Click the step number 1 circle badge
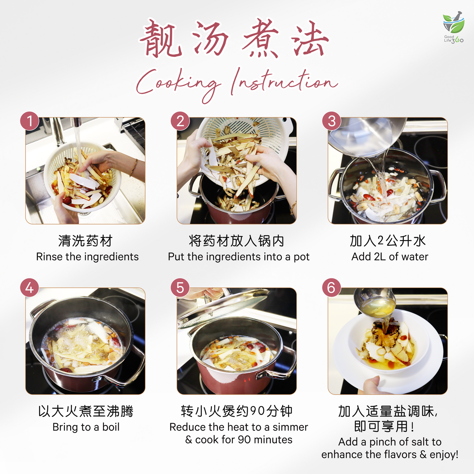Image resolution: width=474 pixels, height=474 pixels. click(30, 121)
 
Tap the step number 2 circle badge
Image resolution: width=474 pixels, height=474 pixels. click(180, 121)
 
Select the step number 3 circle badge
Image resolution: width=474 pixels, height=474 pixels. click(332, 121)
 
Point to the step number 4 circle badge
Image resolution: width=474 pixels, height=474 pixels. click(30, 288)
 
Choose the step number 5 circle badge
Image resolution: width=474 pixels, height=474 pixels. click(180, 288)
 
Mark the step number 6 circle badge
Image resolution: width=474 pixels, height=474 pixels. click(332, 288)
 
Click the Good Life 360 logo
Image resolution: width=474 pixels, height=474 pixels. click(453, 28)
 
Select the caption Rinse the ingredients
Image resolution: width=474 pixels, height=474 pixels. click(87, 257)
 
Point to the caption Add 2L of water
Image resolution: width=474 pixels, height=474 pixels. click(390, 257)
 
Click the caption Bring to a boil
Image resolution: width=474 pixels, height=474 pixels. click(86, 427)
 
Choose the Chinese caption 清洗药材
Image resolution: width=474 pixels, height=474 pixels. click(85, 241)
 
